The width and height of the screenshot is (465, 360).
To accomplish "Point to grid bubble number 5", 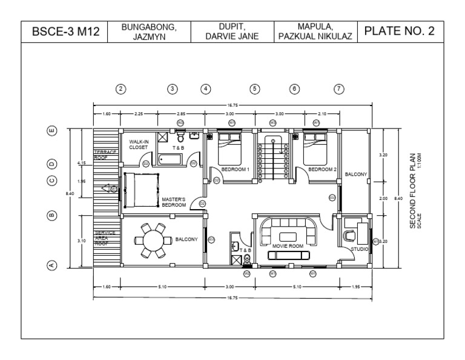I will click(255, 89).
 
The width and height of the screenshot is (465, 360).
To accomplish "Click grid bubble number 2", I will click(120, 89).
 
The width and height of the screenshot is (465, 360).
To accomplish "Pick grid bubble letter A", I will click(52, 265).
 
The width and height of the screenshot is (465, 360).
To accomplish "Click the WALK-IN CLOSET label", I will click(139, 144).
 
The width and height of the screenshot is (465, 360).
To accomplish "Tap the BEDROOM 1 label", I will click(235, 170).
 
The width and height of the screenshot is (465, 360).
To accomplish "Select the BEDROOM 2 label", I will click(322, 170).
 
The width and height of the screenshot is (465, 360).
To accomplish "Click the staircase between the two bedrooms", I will click(272, 159).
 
